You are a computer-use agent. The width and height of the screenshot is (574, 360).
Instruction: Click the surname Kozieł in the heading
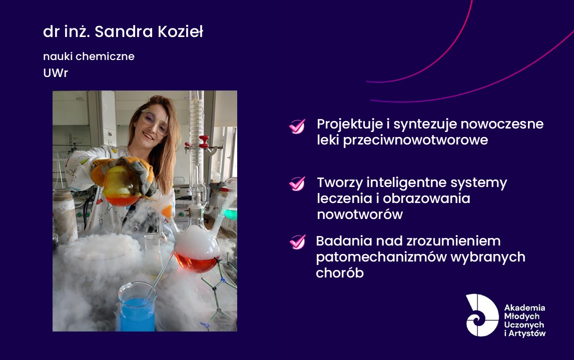click(181, 31)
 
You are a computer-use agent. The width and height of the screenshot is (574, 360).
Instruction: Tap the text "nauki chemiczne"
click(89, 56)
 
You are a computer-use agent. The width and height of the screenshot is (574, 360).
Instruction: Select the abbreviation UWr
click(56, 73)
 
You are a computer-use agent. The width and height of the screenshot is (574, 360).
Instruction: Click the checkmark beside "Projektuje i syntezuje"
click(297, 126)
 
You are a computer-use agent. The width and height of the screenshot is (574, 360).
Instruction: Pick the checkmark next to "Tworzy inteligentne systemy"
click(297, 183)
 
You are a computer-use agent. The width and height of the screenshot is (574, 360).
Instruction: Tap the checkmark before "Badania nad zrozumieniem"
click(297, 242)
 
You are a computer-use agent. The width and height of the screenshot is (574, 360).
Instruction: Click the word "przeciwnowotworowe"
click(415, 140)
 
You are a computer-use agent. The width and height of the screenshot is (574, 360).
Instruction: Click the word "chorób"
click(340, 273)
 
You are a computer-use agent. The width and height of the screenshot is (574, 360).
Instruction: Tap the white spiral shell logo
click(482, 315)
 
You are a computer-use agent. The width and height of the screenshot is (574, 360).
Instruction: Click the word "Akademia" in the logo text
click(524, 307)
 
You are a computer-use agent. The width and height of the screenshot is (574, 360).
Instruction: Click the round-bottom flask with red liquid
click(196, 250)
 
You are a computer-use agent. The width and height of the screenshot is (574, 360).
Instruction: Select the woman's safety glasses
click(155, 121)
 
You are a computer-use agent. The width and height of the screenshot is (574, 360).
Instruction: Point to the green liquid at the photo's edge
click(231, 214)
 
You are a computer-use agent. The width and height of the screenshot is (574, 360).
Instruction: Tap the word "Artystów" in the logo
click(527, 333)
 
